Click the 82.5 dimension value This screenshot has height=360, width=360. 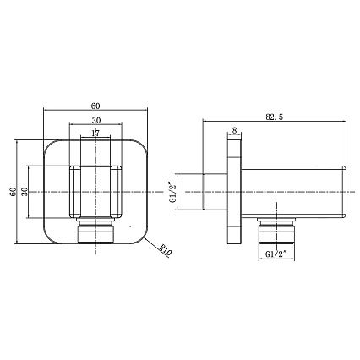click(274, 117)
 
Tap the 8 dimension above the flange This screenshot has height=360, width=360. click(234, 130)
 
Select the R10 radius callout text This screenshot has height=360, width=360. click(166, 250)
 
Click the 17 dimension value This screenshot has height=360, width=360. click(95, 133)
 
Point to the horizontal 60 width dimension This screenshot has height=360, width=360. click(95, 106)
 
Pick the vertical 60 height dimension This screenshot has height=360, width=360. click(13, 192)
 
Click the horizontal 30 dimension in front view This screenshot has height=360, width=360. click(96, 121)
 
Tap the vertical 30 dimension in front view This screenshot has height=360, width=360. click(25, 192)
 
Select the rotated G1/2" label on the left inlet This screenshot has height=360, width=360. click(172, 192)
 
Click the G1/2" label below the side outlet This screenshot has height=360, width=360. click(276, 254)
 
